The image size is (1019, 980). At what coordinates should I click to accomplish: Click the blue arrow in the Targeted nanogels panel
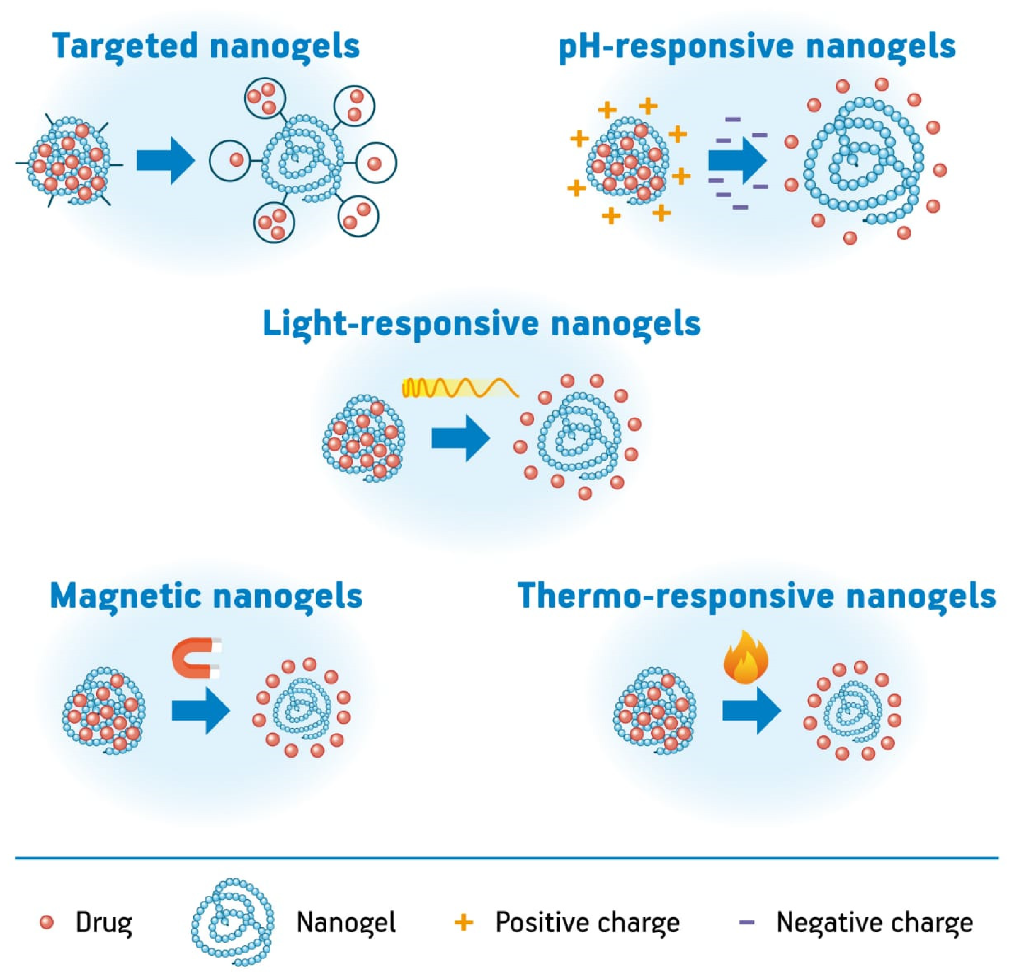(165, 160)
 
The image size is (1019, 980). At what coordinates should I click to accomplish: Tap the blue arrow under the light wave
(461, 438)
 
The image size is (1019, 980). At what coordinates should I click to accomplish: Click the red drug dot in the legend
(47, 922)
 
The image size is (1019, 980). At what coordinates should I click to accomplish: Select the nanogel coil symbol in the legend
(232, 921)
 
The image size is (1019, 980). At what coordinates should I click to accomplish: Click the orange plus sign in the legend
(464, 922)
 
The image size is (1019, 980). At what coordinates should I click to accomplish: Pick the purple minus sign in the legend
(747, 922)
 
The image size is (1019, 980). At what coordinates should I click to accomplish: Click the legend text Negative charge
(874, 922)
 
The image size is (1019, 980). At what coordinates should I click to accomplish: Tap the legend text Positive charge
(588, 922)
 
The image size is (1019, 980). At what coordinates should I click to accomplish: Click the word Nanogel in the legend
(346, 922)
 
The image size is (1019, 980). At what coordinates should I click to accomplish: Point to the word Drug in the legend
(104, 922)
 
